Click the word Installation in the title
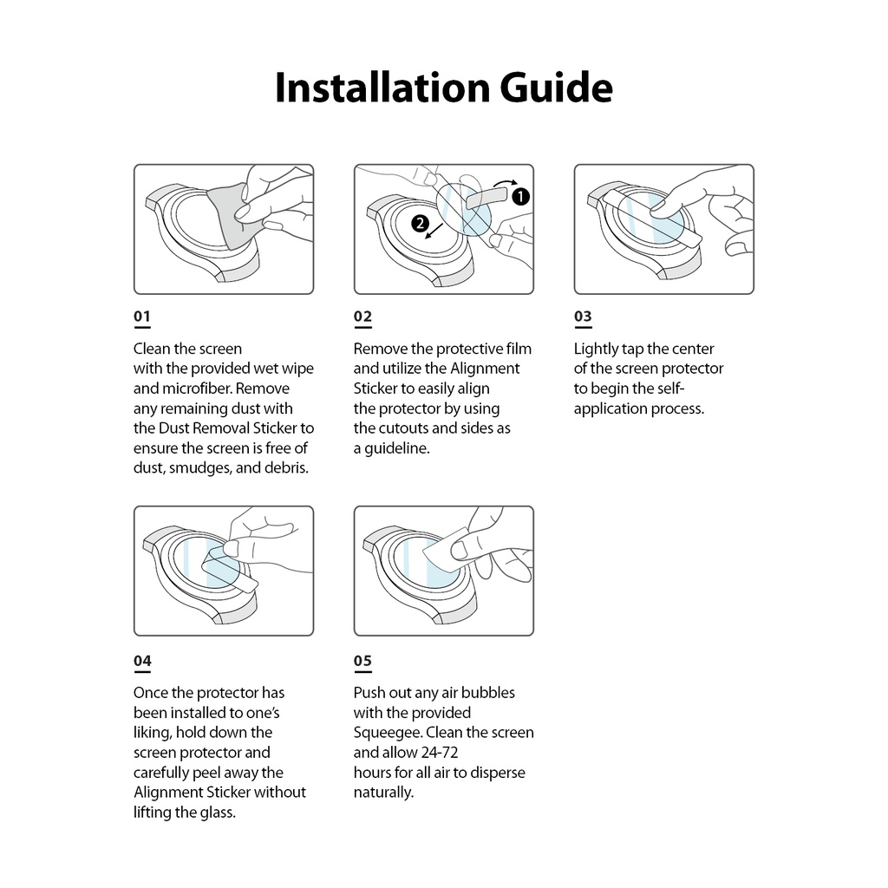click(382, 88)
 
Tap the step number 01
click(142, 317)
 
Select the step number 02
click(362, 317)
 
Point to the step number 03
click(583, 317)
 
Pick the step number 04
click(142, 661)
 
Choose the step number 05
click(362, 661)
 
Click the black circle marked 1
click(519, 196)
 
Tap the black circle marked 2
click(421, 224)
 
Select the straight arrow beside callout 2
click(439, 232)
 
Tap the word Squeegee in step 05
click(388, 733)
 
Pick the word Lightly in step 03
click(596, 349)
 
